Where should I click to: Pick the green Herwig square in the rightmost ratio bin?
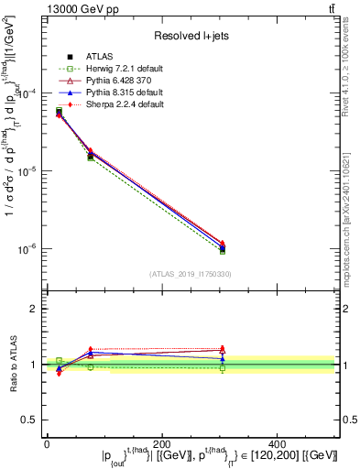pyautogui.click(x=223, y=368)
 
